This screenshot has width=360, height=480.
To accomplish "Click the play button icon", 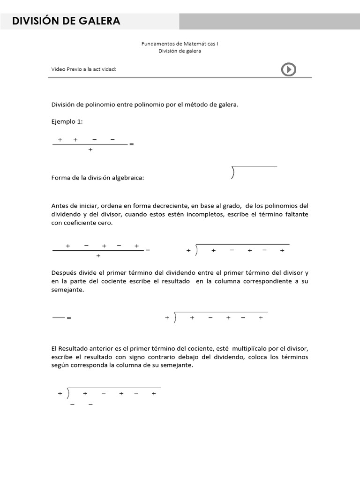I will click(x=288, y=69).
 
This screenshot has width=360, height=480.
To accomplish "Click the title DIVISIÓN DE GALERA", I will click(x=66, y=21).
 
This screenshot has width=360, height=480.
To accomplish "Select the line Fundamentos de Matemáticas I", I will click(x=180, y=44).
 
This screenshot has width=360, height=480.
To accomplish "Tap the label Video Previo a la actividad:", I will click(x=83, y=69).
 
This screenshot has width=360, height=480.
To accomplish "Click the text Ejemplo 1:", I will click(x=67, y=122).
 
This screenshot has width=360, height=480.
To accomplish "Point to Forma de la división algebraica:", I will click(x=98, y=178).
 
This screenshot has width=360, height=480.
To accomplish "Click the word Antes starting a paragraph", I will click(x=60, y=206).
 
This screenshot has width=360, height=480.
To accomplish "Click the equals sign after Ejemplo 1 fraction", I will click(x=131, y=144).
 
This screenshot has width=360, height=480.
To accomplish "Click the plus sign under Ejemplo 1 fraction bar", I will click(x=90, y=150).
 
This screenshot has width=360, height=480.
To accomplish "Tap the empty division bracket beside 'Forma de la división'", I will click(x=254, y=172).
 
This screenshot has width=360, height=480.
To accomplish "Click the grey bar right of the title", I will click(x=269, y=21).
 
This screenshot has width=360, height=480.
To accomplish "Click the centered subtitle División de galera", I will click(x=180, y=51).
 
